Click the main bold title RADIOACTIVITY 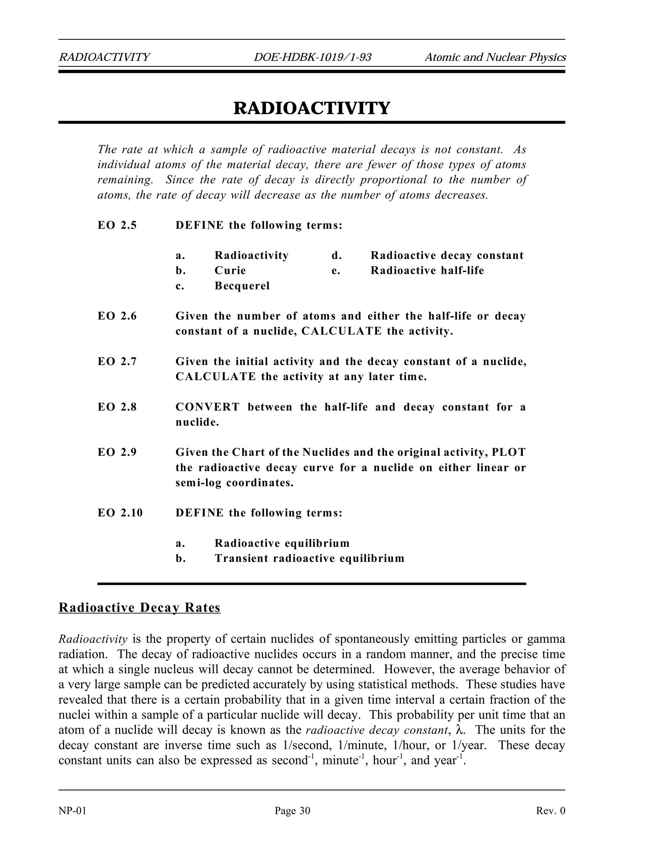[312, 108]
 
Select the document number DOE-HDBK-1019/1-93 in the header [312, 57]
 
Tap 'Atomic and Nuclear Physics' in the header [495, 57]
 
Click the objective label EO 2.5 [117, 225]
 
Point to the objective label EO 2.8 [117, 407]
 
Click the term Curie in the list [230, 271]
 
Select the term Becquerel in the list [242, 286]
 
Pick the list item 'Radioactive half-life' [427, 271]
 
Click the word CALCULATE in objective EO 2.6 [341, 331]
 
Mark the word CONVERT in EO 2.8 [208, 407]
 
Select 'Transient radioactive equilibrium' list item [309, 558]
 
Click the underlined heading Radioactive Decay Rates [140, 608]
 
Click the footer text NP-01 [72, 811]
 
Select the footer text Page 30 [292, 811]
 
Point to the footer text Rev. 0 [550, 811]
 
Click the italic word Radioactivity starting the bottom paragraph [93, 639]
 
